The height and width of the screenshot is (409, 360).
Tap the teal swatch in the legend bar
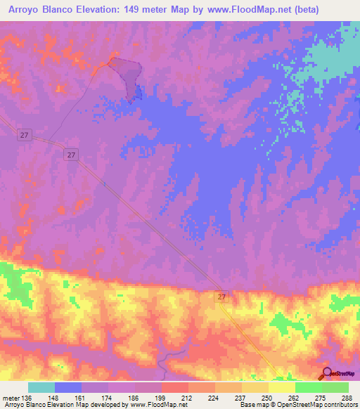coord(41,387)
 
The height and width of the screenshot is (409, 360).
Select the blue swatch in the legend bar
coord(68,387)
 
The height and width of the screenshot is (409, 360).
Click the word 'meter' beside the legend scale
coord(11,397)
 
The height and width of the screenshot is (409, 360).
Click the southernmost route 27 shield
coord(222,298)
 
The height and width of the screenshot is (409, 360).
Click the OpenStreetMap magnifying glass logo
coord(327,373)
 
